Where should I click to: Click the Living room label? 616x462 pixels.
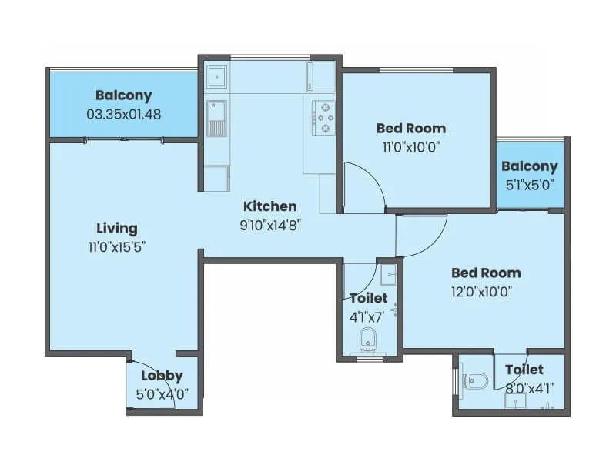point(117,228)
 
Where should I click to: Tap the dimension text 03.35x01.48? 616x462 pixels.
point(124,114)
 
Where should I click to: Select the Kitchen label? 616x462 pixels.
point(269,206)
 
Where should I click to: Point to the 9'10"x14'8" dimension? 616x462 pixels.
point(269,226)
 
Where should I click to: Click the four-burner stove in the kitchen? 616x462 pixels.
point(325,117)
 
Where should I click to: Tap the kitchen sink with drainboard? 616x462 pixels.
point(216,118)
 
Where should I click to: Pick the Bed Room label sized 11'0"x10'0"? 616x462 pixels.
point(410,128)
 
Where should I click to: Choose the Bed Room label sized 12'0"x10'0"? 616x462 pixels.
point(485,273)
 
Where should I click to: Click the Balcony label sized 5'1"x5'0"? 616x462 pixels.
point(529,166)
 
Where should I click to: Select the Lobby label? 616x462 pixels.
point(162,376)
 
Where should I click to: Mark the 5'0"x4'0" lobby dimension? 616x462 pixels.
point(162,393)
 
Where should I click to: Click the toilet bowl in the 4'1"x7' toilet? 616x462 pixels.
point(369,338)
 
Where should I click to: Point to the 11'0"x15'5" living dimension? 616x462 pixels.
point(117,247)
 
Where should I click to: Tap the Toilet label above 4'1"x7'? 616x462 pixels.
point(368,298)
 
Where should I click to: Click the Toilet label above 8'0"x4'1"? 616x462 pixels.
point(524,370)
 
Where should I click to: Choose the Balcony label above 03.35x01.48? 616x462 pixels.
point(124,95)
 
